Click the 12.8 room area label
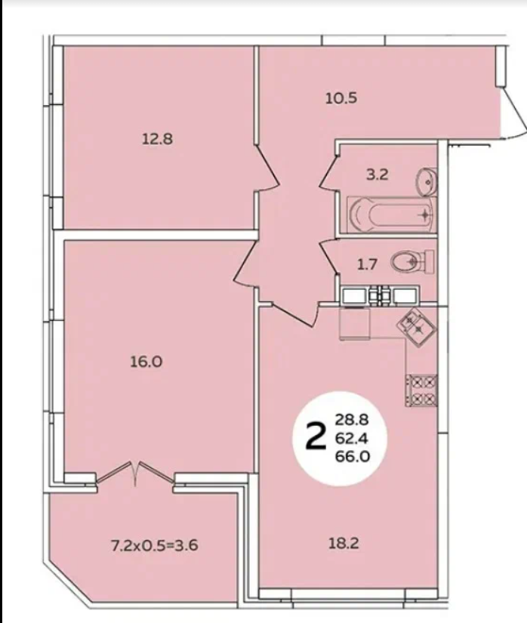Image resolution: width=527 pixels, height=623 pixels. [157, 139]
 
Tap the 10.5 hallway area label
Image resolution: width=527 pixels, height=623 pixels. [341, 98]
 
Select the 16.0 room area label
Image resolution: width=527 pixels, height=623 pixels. [146, 362]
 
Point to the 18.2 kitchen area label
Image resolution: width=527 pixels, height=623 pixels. [343, 543]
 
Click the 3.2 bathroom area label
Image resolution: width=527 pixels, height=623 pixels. [377, 174]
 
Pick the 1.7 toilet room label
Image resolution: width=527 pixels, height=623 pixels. [367, 264]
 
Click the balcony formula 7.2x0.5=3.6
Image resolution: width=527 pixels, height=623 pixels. [154, 545]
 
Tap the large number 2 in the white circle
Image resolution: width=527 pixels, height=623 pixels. [316, 437]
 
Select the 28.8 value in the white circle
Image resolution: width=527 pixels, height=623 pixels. [353, 419]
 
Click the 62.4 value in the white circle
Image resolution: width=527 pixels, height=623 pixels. [352, 438]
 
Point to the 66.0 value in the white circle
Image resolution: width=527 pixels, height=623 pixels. [353, 457]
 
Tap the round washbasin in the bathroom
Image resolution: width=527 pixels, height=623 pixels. [426, 182]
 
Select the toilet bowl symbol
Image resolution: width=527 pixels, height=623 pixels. [411, 261]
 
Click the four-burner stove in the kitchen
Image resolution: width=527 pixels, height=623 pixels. [421, 390]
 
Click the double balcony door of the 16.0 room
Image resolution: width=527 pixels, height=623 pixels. [135, 474]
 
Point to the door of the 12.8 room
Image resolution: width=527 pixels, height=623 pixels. [267, 169]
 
